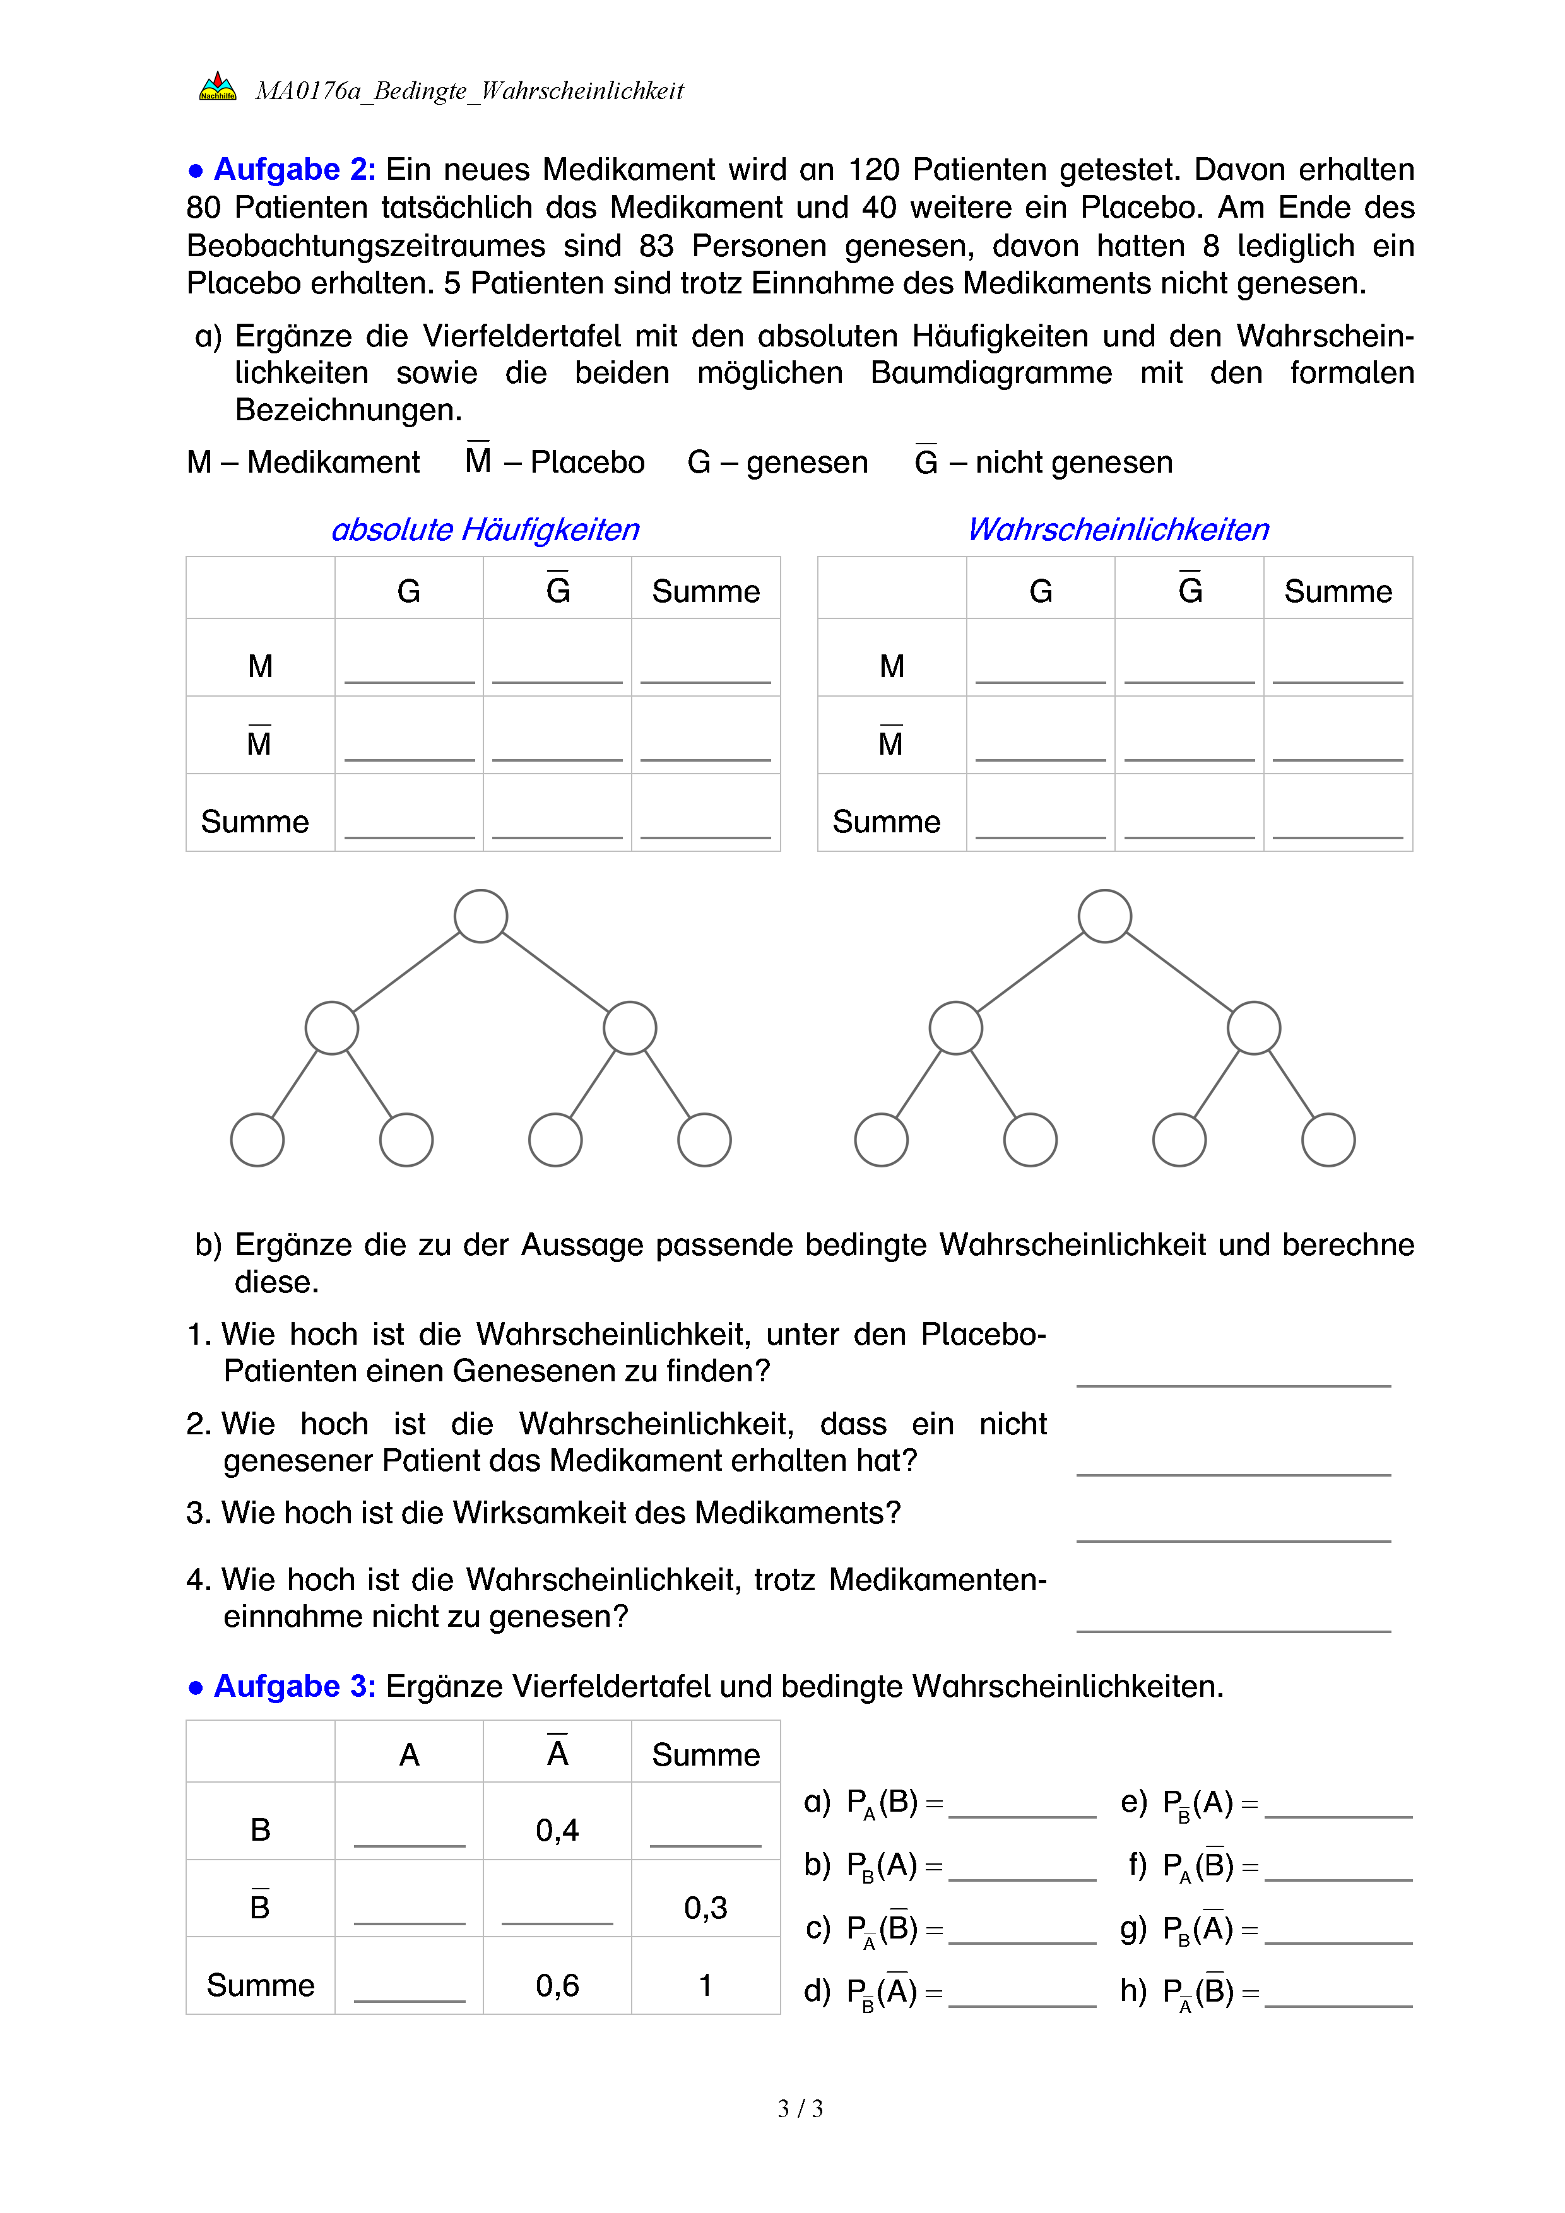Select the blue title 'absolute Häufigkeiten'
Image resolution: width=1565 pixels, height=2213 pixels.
point(485,529)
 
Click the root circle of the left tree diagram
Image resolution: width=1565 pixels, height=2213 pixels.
point(481,916)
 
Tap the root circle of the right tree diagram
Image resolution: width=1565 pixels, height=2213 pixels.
point(1104,916)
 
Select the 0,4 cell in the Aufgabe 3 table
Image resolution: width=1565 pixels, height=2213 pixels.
point(557,1829)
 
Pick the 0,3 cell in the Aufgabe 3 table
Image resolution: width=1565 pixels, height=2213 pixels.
point(706,1908)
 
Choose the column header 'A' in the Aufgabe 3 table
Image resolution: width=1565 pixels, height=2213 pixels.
point(408,1755)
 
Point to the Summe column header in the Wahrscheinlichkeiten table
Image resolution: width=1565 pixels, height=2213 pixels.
point(1338,591)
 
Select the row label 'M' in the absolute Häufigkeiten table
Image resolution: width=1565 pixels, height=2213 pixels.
point(260,666)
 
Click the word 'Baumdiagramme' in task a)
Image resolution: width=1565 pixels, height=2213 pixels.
point(991,373)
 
